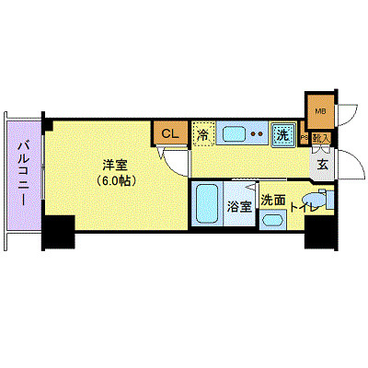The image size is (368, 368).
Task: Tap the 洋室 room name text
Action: [x=115, y=165]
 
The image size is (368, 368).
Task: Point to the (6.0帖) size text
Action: [x=115, y=180]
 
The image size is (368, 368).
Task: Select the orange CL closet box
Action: [x=169, y=133]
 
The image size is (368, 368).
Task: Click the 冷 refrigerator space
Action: [x=203, y=134]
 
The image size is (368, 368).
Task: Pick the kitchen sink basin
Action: [x=234, y=134]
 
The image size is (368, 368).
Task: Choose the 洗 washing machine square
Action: [x=284, y=134]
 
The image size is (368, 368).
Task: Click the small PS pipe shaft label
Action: [x=304, y=137]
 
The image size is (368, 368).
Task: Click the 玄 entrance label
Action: [x=324, y=166]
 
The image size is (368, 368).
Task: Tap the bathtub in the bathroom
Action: [x=206, y=204]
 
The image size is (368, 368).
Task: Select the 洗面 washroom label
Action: [x=271, y=200]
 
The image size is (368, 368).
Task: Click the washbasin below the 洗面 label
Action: [x=271, y=220]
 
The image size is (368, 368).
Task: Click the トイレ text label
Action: [x=305, y=210]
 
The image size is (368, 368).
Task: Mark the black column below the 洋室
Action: [x=58, y=232]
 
